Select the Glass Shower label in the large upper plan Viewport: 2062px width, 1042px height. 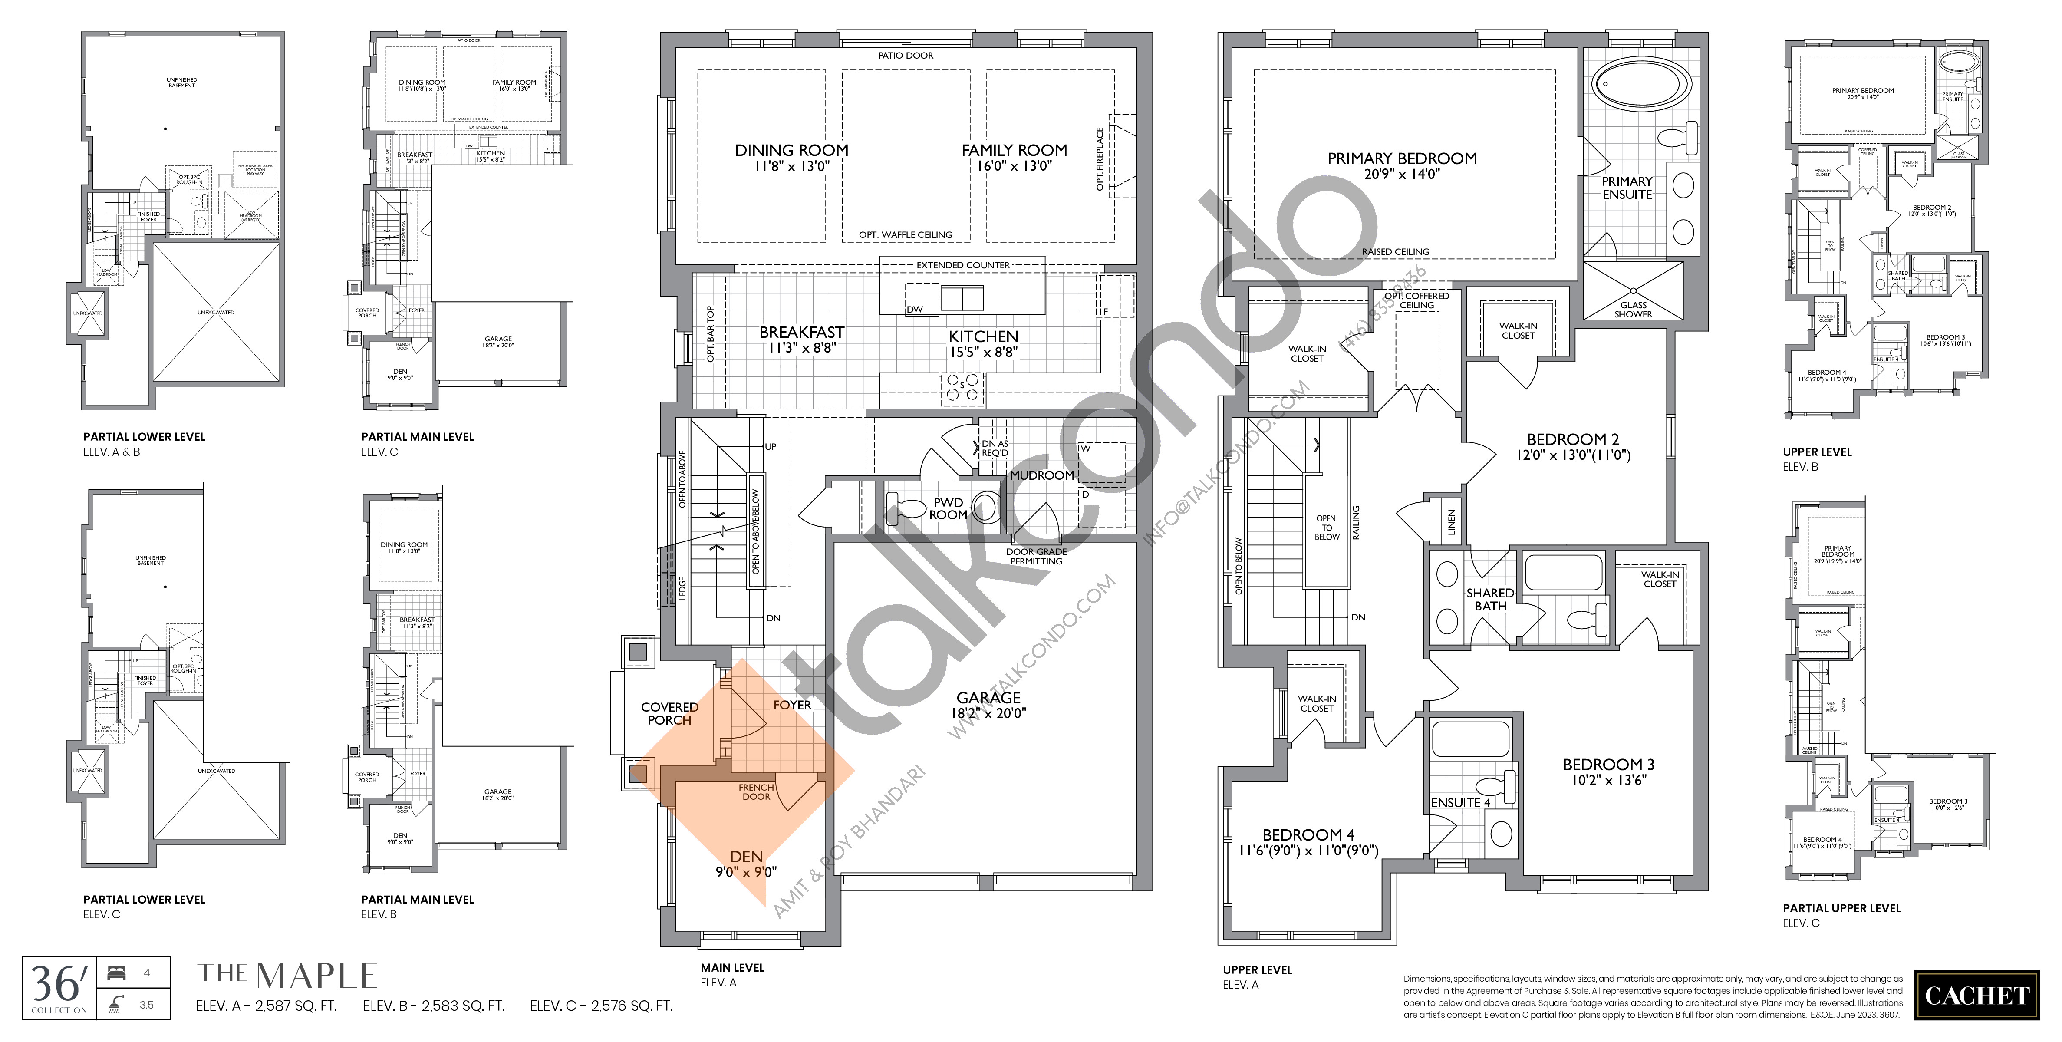coord(1633,309)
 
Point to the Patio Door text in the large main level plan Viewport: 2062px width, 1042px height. coord(906,55)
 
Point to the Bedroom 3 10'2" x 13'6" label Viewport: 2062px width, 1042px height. coord(1608,772)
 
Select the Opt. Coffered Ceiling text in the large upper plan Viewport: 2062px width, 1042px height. coord(1417,300)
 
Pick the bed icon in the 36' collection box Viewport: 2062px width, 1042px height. coord(115,973)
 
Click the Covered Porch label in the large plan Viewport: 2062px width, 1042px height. coord(669,713)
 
